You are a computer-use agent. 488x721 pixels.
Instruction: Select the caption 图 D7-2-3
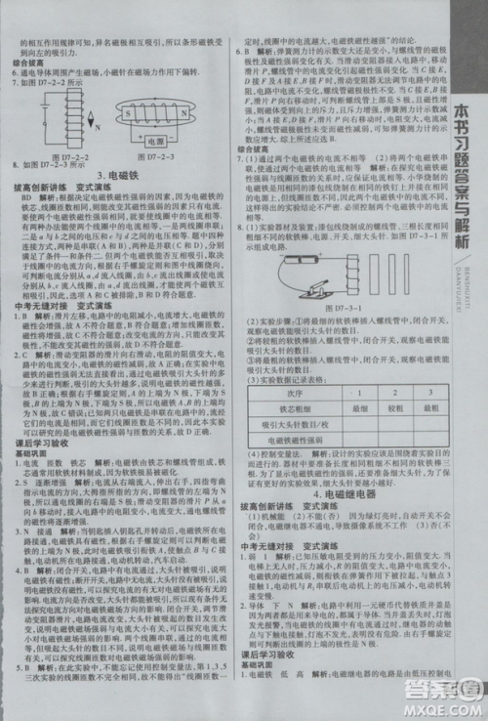pyautogui.click(x=165, y=156)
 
